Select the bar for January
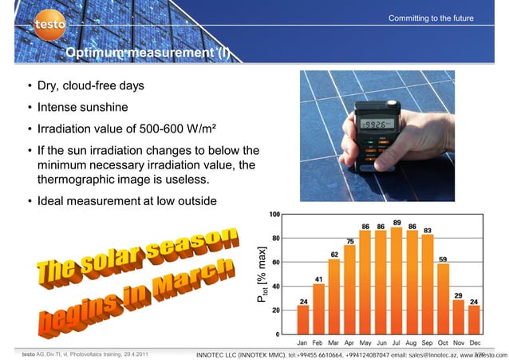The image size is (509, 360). click(x=303, y=319)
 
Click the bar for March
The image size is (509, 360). click(x=333, y=296)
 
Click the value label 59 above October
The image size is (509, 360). click(x=443, y=259)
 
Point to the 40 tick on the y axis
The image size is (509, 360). click(x=274, y=286)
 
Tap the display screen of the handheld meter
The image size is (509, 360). click(x=373, y=125)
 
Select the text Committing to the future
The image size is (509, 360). click(x=431, y=18)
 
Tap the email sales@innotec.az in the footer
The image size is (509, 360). click(x=423, y=354)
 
